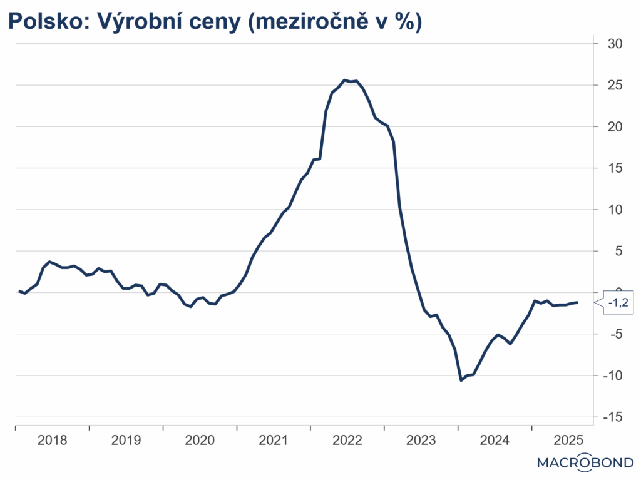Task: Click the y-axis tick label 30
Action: (x=613, y=44)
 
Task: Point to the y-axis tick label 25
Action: (x=613, y=85)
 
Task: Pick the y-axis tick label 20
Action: (x=613, y=126)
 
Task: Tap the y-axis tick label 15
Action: (x=613, y=168)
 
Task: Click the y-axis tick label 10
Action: (x=613, y=209)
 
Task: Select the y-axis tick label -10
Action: (x=610, y=375)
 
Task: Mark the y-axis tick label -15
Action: (x=610, y=417)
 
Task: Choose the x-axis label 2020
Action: (x=200, y=440)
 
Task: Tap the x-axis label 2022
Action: (x=347, y=440)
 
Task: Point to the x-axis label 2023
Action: (x=421, y=440)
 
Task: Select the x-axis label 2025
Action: (x=569, y=440)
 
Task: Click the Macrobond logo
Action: (x=585, y=463)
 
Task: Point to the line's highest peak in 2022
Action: (x=345, y=80)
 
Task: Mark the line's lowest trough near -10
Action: (x=461, y=380)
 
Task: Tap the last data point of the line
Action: (x=577, y=302)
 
